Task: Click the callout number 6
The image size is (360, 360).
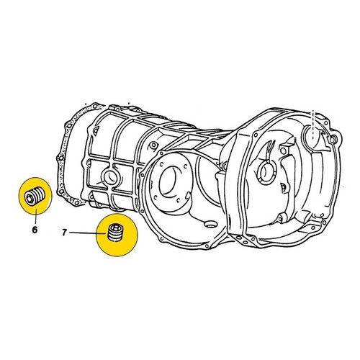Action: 35,230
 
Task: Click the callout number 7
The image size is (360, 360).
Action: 64,233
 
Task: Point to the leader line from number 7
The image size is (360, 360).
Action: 87,233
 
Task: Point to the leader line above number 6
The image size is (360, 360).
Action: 36,217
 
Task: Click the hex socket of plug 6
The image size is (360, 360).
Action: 30,199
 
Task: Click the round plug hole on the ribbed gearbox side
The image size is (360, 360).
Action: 110,178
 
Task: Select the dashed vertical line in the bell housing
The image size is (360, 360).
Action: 313,125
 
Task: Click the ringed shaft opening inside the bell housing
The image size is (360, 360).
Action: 266,171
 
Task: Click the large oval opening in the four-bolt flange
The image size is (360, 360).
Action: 171,181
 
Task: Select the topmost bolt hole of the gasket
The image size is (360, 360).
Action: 96,106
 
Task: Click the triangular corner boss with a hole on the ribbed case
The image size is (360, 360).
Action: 96,131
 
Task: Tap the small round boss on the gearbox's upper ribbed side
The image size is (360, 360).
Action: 153,145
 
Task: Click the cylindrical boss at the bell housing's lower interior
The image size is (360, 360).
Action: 281,217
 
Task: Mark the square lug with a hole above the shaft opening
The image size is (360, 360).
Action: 284,150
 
